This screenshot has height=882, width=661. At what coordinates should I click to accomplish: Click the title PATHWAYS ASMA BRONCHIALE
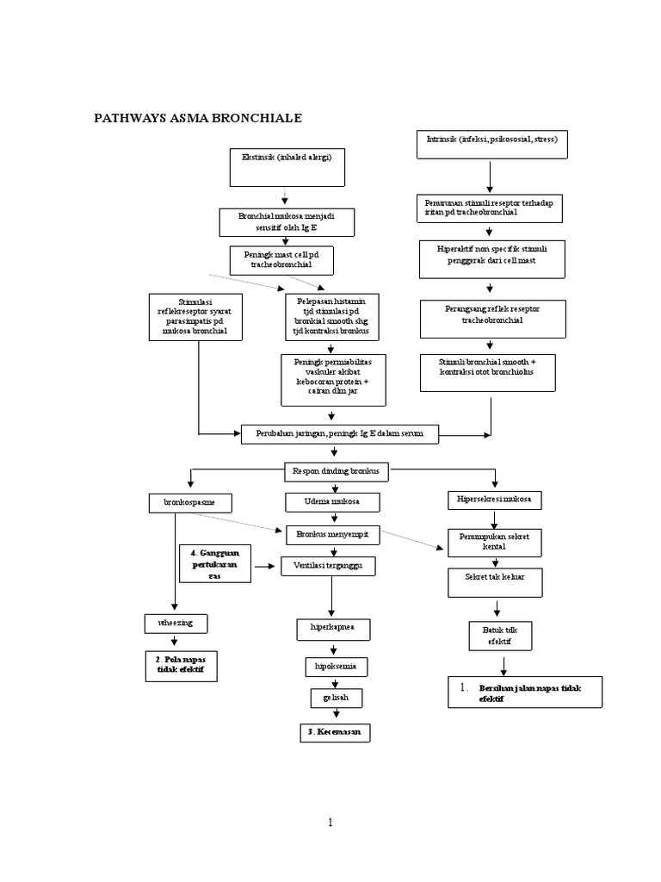(x=198, y=118)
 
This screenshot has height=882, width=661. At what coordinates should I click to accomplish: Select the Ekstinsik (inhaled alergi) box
(x=287, y=167)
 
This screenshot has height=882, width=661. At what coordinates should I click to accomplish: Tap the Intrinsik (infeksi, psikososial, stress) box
(x=492, y=145)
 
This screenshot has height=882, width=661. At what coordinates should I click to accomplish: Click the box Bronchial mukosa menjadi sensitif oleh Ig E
(x=285, y=222)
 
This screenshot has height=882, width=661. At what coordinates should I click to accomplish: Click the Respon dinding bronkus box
(x=337, y=472)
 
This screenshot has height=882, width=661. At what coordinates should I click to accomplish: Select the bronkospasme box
(x=190, y=502)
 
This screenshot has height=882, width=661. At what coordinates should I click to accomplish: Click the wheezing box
(x=176, y=623)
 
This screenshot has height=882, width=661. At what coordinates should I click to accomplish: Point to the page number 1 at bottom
(x=330, y=823)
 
